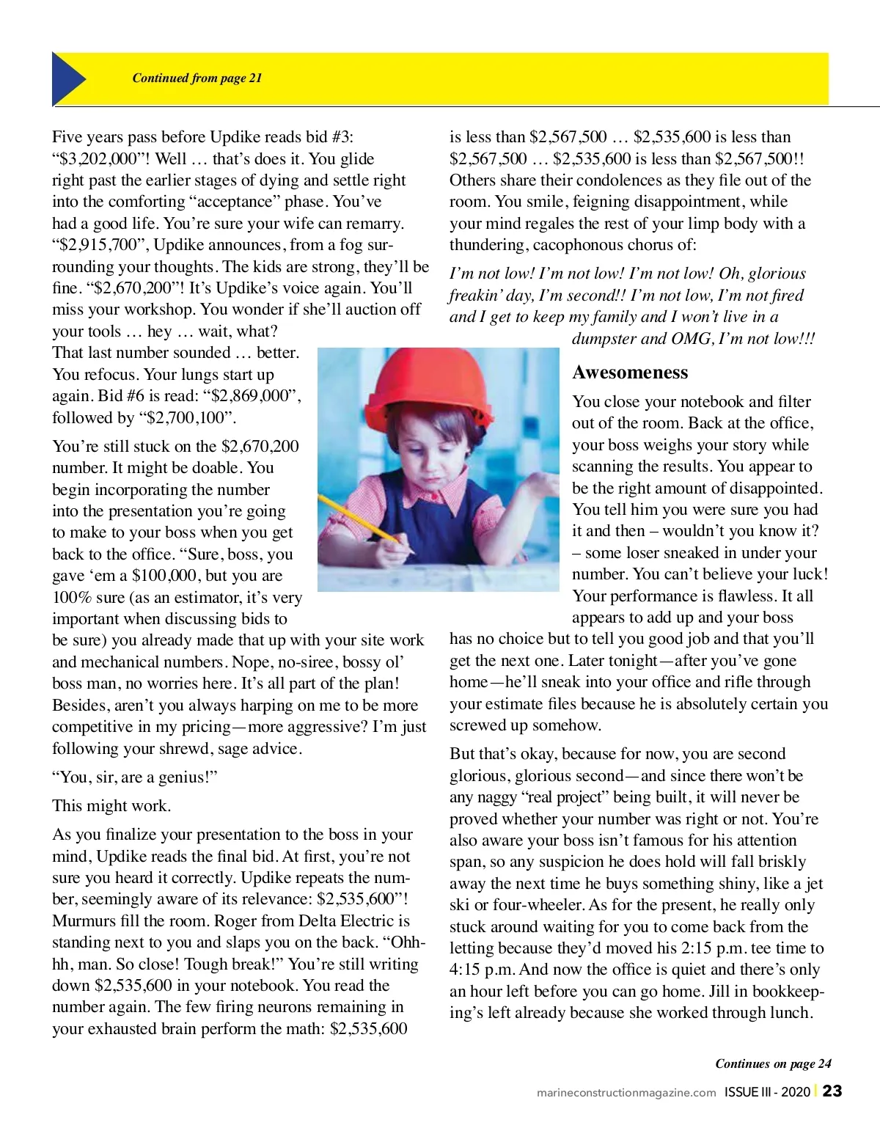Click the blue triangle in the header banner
pyautogui.click(x=67, y=78)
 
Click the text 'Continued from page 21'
pyautogui.click(x=197, y=78)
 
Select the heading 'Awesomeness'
pyautogui.click(x=630, y=373)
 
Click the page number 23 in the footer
pyautogui.click(x=832, y=1091)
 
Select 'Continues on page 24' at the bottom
pyautogui.click(x=773, y=1063)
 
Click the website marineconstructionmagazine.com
pyautogui.click(x=626, y=1092)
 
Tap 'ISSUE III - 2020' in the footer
pyautogui.click(x=767, y=1091)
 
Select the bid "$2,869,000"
pyautogui.click(x=255, y=396)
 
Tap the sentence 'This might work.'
pyautogui.click(x=111, y=805)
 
